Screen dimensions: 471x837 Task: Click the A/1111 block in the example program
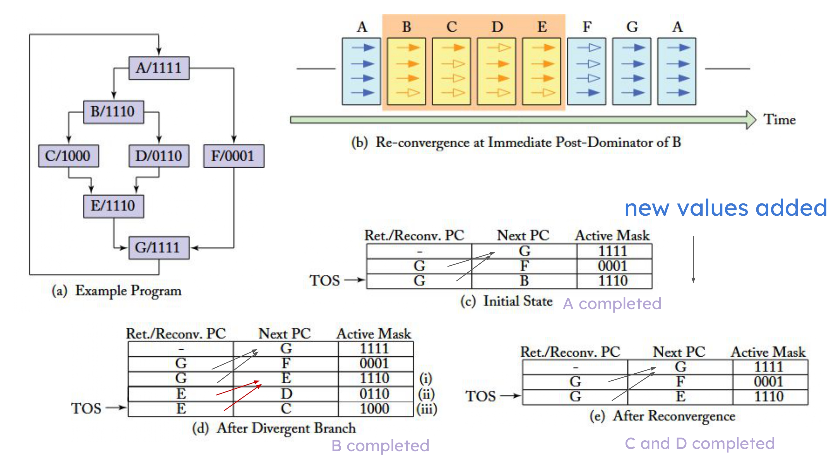click(159, 68)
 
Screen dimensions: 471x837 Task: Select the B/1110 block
click(113, 112)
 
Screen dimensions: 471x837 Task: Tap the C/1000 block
click(68, 156)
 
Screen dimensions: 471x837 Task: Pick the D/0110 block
click(159, 156)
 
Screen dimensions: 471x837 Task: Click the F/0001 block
click(233, 156)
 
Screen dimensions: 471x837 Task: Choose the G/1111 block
click(158, 248)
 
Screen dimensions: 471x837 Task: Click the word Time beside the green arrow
click(780, 120)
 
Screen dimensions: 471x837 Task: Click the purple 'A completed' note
click(612, 304)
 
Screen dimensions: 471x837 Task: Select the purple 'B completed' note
click(380, 446)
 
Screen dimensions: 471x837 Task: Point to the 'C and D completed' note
click(699, 444)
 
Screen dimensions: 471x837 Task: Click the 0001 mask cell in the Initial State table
click(613, 266)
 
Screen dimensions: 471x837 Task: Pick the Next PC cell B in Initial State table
click(524, 281)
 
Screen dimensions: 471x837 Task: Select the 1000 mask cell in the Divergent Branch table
click(375, 409)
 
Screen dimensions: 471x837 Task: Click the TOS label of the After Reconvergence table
click(480, 396)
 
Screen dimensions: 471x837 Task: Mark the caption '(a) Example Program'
click(116, 291)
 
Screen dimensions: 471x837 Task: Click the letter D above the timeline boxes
click(497, 27)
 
